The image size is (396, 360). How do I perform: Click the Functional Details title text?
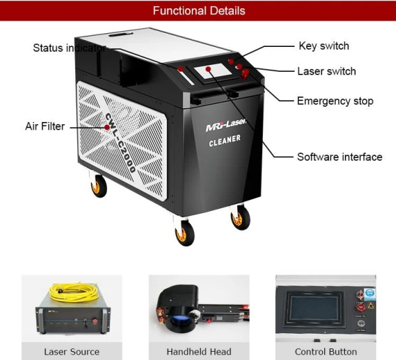[199, 11]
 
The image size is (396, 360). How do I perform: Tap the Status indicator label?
[70, 48]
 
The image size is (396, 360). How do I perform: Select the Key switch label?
[324, 46]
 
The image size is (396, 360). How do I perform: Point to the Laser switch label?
[326, 72]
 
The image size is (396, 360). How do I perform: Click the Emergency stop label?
[335, 101]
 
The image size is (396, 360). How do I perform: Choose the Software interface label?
[339, 157]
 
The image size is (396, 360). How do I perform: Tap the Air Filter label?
[45, 126]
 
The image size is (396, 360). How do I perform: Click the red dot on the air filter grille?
[107, 127]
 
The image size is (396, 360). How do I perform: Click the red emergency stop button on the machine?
[245, 74]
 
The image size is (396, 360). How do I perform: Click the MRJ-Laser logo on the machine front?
[226, 125]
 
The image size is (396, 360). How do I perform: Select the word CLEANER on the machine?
[225, 141]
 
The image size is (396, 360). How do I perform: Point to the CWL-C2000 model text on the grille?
[120, 143]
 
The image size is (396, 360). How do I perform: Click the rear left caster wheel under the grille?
[99, 186]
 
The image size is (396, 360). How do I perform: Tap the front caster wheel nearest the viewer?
[185, 233]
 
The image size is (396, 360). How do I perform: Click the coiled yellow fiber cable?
[73, 292]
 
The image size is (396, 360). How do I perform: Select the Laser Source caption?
[72, 352]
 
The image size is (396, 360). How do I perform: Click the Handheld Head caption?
[199, 352]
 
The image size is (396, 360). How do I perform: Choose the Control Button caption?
[326, 352]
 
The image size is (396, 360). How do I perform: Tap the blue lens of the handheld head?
[179, 321]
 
